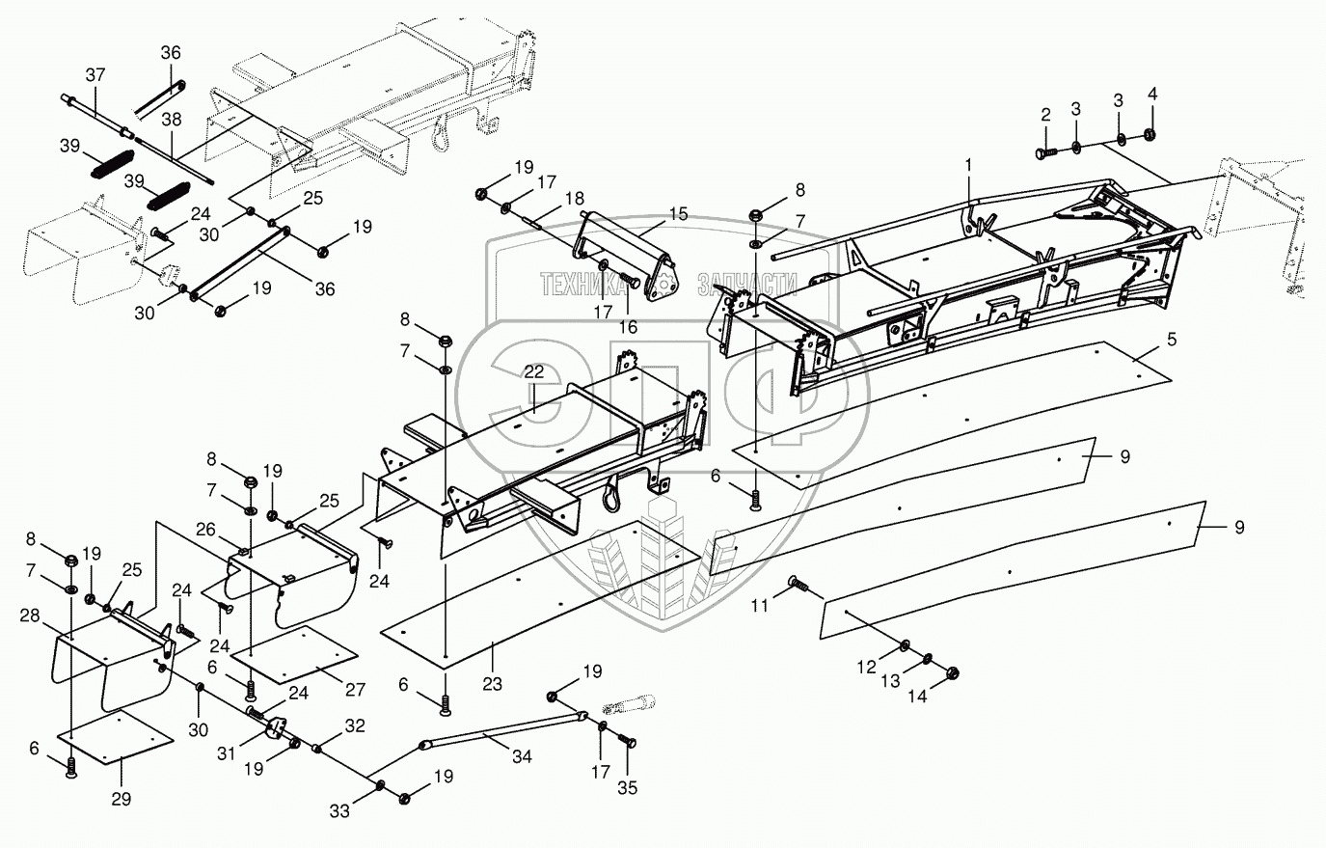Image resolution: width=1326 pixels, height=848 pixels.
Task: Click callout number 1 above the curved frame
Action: coord(969,166)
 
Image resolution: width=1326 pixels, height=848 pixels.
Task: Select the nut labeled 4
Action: coord(1150,134)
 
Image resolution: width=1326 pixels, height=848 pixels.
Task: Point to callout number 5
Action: coord(1172,340)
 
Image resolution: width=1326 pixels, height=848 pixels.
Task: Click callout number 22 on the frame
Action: coord(533,372)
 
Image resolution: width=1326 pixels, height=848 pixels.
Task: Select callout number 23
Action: coord(493,685)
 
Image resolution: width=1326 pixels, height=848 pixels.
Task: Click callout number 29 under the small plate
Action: coord(122,799)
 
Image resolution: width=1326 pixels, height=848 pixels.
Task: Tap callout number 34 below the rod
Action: coord(522,757)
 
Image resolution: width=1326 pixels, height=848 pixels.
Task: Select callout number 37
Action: coord(95,74)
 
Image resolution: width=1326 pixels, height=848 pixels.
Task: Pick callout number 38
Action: coord(171,121)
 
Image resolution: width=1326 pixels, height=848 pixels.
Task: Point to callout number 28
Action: coord(30,615)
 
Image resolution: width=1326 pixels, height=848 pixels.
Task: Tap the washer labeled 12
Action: coord(907,645)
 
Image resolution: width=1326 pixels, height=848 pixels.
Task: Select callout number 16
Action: coord(628,327)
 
